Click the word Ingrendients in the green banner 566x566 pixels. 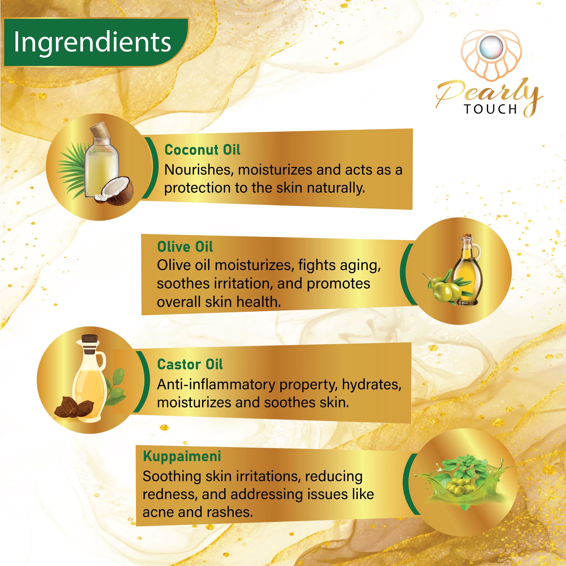coord(92,43)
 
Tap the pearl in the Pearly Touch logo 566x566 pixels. coord(491,48)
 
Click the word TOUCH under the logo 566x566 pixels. coord(491,109)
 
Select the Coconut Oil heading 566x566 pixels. coord(202,150)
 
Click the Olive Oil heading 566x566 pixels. coord(185,247)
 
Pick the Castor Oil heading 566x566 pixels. coord(190,364)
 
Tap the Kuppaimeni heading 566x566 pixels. coord(182,456)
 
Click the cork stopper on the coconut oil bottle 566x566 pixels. coord(100,130)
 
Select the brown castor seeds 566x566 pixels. coord(74,407)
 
